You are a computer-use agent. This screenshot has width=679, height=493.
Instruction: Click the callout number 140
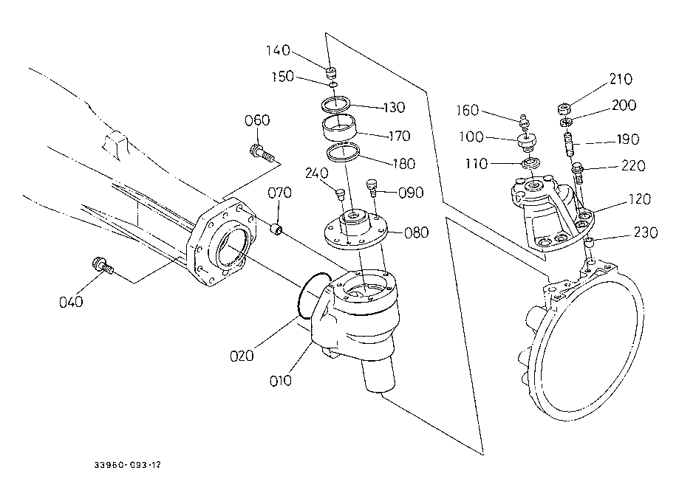(x=278, y=50)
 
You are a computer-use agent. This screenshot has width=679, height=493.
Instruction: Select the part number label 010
(x=280, y=381)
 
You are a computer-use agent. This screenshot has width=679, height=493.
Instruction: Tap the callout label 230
(x=646, y=232)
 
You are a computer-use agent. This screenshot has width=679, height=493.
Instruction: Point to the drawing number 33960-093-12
(x=127, y=465)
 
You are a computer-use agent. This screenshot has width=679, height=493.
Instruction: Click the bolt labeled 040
(x=103, y=265)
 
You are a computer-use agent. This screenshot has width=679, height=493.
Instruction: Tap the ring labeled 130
(x=335, y=104)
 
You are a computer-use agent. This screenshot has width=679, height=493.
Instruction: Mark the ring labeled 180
(x=343, y=152)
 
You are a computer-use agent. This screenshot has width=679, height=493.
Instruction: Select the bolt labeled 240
(x=341, y=194)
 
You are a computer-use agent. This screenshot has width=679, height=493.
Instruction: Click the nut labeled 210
(x=564, y=108)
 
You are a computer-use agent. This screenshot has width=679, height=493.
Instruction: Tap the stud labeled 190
(x=568, y=142)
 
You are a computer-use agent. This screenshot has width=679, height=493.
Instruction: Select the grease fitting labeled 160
(x=524, y=122)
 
